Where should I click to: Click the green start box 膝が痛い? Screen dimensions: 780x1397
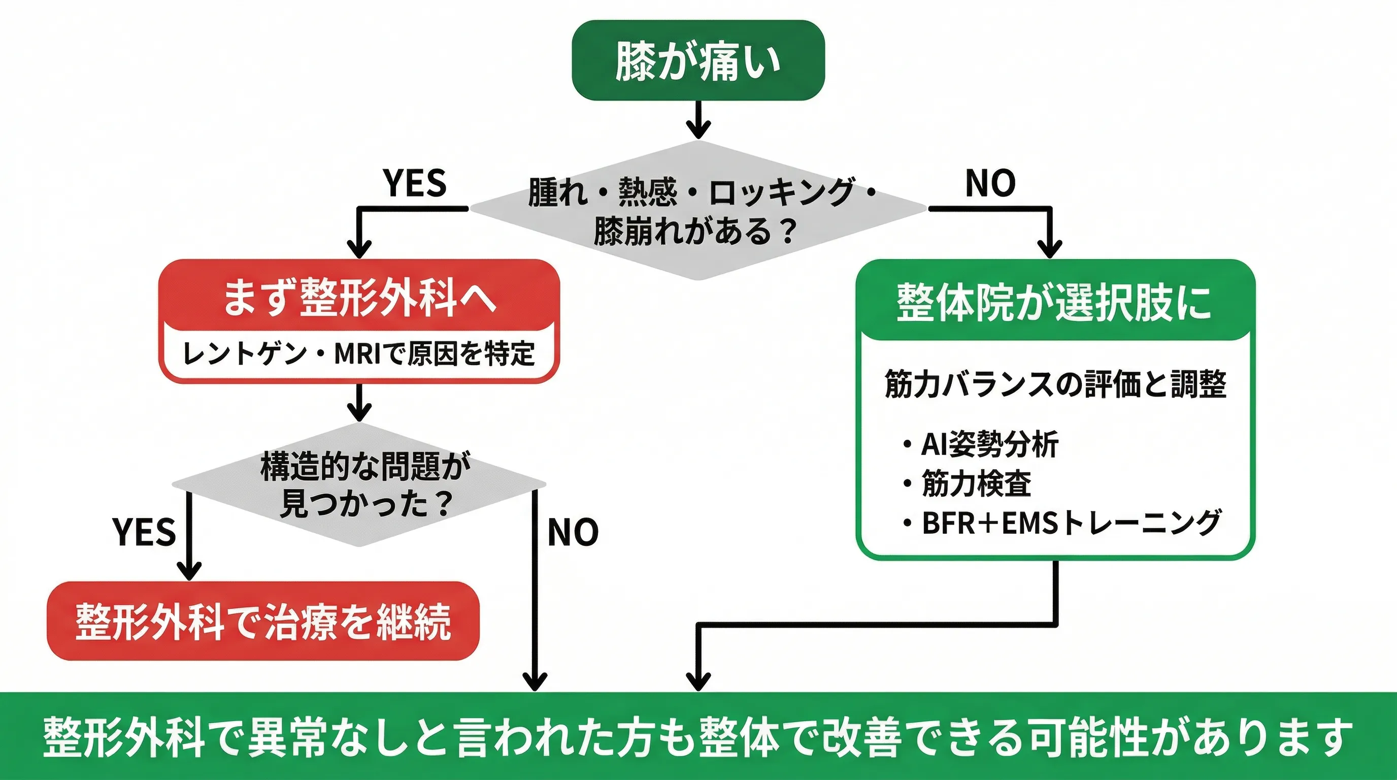698,60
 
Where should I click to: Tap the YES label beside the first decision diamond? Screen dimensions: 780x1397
414,183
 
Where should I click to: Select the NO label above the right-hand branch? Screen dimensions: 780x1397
990,183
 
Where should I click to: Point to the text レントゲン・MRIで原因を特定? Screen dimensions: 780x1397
358,353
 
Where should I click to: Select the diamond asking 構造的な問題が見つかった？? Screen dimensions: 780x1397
358,484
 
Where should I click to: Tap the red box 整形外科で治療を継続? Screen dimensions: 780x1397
263,621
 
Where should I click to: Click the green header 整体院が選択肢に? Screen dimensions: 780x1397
1054,302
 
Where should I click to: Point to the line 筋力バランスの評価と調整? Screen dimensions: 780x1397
1055,384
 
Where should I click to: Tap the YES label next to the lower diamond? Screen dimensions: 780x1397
144,532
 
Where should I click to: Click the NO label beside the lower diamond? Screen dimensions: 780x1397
573,532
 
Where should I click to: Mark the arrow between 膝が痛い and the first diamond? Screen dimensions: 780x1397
698,120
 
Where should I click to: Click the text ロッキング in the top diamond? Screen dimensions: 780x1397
781,192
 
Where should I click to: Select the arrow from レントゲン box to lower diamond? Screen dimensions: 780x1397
358,403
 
